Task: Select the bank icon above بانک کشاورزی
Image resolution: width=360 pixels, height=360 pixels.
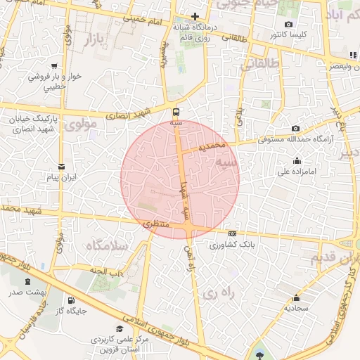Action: point(233,235)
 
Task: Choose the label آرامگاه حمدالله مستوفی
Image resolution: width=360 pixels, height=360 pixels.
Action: point(289,139)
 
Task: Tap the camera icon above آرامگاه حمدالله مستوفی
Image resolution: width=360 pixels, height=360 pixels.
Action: point(295,128)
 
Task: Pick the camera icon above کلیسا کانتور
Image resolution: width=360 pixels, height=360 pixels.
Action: point(289,24)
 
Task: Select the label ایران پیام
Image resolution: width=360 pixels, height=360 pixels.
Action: point(62,178)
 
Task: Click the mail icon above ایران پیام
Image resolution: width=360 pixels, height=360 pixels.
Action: point(62,167)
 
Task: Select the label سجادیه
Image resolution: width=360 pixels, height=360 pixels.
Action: point(297,308)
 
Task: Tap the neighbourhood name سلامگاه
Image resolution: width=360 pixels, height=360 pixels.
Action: point(106,245)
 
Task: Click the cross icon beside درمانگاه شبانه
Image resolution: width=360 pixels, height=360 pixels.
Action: point(195,16)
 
